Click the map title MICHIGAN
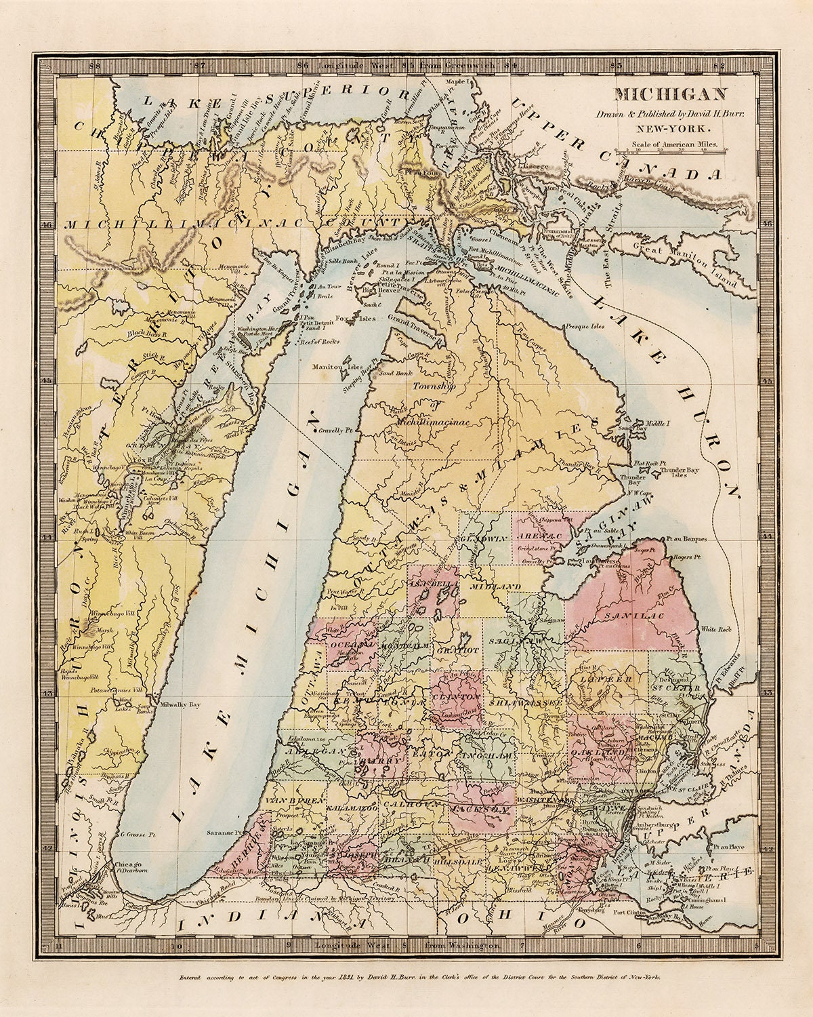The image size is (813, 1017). tap(661, 94)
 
